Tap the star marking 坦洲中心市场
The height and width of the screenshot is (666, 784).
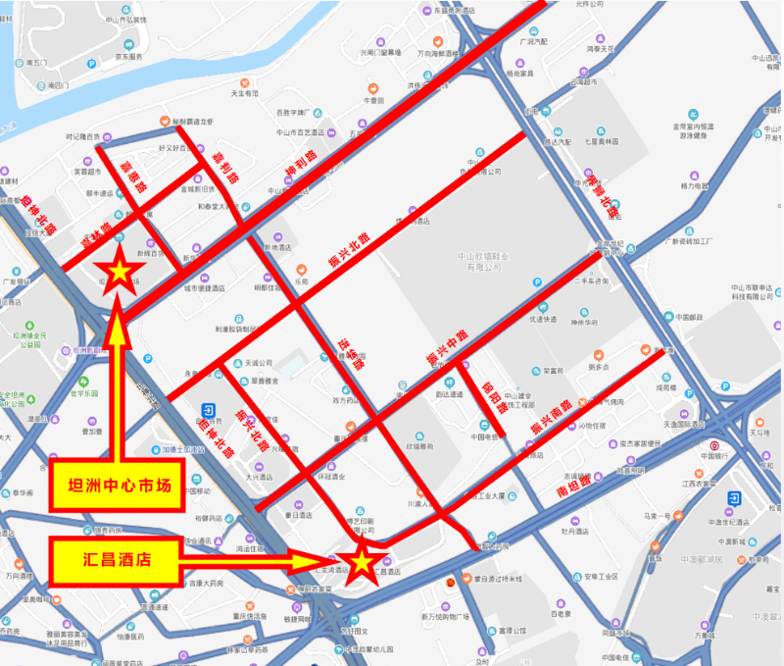(x=119, y=271)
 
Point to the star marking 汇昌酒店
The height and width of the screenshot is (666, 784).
(x=361, y=562)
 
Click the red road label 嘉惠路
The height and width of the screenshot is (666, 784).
(x=129, y=177)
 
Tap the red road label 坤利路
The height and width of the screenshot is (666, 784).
(x=302, y=171)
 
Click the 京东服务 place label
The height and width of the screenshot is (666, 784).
(x=127, y=58)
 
